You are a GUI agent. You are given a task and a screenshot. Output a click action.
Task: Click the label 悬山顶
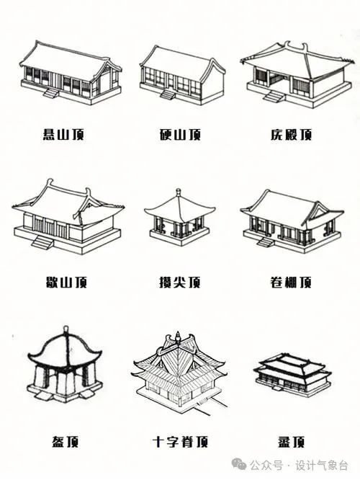(63, 134)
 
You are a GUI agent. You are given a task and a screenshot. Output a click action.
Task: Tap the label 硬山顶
(180, 134)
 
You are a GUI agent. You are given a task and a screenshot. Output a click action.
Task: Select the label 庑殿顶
(291, 134)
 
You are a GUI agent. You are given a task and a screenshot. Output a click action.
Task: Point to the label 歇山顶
(66, 282)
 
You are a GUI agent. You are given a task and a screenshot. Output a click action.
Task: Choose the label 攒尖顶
(180, 282)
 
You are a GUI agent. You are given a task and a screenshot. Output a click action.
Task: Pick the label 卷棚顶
(291, 282)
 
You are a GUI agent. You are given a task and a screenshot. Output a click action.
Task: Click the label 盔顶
(65, 442)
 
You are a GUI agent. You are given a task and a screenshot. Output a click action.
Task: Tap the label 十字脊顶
(181, 442)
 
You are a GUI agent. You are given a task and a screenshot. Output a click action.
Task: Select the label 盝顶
(291, 442)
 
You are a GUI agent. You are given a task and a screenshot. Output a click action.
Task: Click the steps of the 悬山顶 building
(50, 93)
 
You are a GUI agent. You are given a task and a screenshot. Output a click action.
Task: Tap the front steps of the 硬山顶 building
(168, 95)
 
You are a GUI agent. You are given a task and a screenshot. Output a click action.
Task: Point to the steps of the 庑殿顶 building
(274, 97)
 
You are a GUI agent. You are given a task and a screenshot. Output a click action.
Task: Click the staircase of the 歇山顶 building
(42, 242)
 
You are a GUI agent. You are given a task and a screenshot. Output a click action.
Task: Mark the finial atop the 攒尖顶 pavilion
(179, 193)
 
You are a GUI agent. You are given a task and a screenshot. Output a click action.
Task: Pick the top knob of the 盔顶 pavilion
(65, 330)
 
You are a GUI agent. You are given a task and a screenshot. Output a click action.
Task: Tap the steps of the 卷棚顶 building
(266, 243)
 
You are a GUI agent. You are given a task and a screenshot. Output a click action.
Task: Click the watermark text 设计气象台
(321, 466)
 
